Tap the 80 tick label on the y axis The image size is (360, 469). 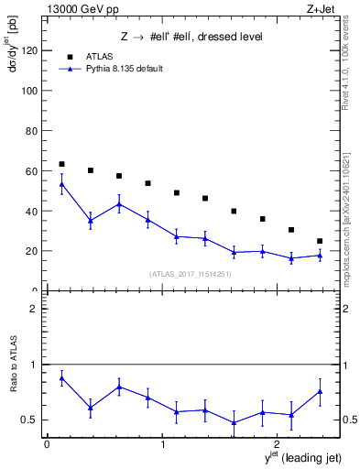[x=31, y=131]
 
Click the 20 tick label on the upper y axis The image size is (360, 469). [x=31, y=251]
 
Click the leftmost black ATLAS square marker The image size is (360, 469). [x=61, y=164]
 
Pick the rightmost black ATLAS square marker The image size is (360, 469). [x=320, y=241]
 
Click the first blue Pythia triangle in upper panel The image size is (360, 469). [x=61, y=184]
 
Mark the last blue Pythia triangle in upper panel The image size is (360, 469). [x=320, y=256]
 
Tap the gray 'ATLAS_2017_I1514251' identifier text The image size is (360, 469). [x=191, y=273]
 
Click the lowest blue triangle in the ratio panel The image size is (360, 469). [x=234, y=422]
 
